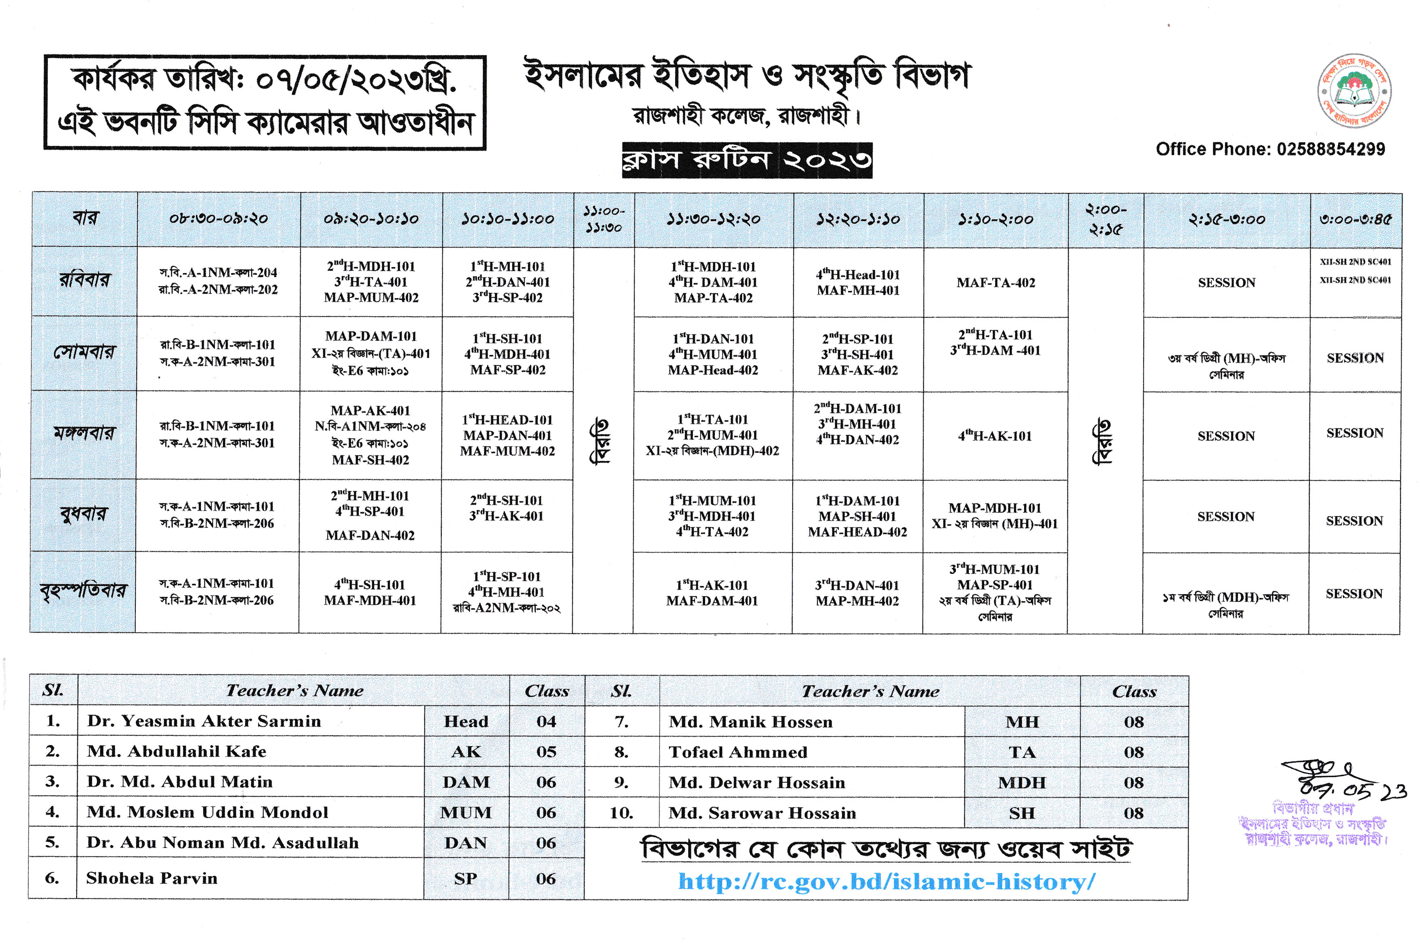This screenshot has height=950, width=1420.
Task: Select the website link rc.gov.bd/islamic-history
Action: pos(886,882)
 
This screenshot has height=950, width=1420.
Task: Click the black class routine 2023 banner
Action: pos(746,160)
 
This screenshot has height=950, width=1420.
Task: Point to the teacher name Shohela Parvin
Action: pos(152,878)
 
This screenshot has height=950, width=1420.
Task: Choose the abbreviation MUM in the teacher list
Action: pos(465,813)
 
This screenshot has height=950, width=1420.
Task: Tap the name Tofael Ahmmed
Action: pos(738,752)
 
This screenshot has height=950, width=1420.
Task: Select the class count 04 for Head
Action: pos(546,721)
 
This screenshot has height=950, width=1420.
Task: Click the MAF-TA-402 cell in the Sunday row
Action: pos(995,283)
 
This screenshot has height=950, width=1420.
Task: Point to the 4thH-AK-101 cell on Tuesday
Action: pos(995,436)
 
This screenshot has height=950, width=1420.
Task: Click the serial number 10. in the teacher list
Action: pos(621,813)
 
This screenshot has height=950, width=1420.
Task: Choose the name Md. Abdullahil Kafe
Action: pos(176,751)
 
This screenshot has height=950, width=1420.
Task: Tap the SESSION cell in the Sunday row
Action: pos(1226,283)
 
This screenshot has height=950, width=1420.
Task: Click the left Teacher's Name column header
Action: pos(295,691)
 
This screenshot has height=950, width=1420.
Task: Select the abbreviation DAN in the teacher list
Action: pos(465,843)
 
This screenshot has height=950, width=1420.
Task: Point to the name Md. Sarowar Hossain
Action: pos(762,813)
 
